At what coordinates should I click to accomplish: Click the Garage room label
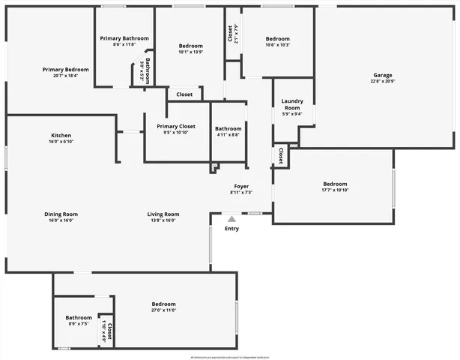384,75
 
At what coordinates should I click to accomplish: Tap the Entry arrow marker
231,219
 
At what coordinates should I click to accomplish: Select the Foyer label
241,186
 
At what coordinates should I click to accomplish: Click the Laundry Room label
291,104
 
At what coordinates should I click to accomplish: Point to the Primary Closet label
176,127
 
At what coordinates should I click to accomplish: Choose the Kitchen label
61,135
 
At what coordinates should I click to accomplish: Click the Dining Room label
61,214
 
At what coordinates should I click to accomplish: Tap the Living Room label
163,214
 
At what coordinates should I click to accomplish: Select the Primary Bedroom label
66,69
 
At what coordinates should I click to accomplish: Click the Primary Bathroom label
124,38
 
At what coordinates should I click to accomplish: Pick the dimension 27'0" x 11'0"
163,310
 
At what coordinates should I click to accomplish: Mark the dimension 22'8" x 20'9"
384,81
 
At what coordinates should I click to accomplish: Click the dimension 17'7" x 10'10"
335,190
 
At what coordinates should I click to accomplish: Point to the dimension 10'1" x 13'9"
191,52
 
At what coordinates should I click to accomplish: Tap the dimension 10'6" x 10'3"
277,45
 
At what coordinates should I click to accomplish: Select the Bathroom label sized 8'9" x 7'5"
79,317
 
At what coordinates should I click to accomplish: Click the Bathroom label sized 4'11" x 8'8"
229,128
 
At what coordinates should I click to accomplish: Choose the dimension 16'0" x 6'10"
61,141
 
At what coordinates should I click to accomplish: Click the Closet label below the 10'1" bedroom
184,94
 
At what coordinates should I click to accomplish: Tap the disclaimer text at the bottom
230,357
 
